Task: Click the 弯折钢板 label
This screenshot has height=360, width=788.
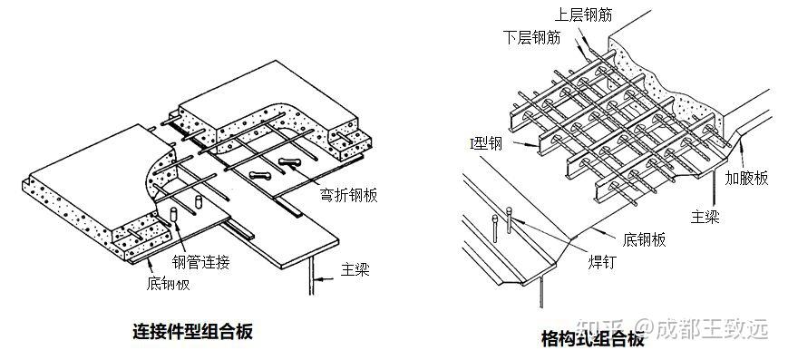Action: pos(348,195)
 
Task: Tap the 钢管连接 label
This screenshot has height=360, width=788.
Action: pos(201,262)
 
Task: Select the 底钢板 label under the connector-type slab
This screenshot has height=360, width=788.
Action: pos(169,284)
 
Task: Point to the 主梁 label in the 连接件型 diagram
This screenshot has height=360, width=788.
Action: pos(355,269)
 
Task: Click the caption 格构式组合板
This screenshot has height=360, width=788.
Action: pos(592,339)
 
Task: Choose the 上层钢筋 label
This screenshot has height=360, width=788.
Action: pos(583,15)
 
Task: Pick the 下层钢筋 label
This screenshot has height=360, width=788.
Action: pos(531,38)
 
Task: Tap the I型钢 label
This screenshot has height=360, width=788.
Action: pos(486,145)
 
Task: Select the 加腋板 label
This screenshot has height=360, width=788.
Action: pos(746,178)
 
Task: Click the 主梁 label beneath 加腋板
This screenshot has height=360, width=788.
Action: pos(705,217)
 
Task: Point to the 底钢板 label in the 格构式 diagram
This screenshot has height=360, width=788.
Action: pos(644,239)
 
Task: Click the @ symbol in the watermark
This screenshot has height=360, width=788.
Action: pos(644,329)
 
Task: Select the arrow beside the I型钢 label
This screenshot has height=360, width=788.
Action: pos(523,146)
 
